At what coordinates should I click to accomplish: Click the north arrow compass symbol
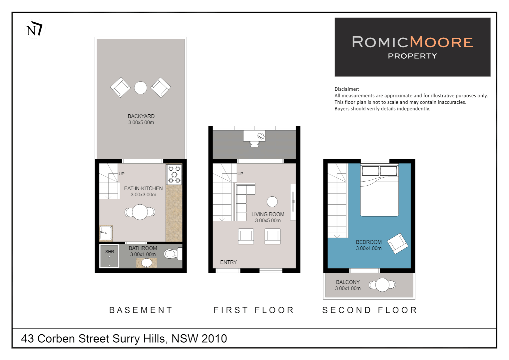point(35,29)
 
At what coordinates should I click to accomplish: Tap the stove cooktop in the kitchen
point(174,174)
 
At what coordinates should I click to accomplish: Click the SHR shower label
point(110,252)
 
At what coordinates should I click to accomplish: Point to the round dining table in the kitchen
point(140,212)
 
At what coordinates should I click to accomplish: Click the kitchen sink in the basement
point(106,233)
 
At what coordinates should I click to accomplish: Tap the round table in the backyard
point(141,88)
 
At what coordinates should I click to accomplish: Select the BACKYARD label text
point(141,116)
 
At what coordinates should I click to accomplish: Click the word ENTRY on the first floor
point(229,262)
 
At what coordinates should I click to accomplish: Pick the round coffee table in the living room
point(272,202)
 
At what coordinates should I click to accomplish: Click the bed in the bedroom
point(379,190)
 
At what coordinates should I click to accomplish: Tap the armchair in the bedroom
point(398,244)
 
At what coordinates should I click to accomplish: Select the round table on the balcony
point(382,285)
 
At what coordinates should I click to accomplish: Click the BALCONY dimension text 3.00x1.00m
point(348,288)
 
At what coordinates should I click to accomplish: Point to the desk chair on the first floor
point(254,144)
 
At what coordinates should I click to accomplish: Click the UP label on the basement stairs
point(122,174)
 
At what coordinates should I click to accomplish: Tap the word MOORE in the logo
point(441,42)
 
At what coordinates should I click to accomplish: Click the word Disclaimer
point(347,89)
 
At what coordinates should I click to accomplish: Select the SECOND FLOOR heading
point(370,310)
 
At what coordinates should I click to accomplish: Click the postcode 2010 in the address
point(214,339)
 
